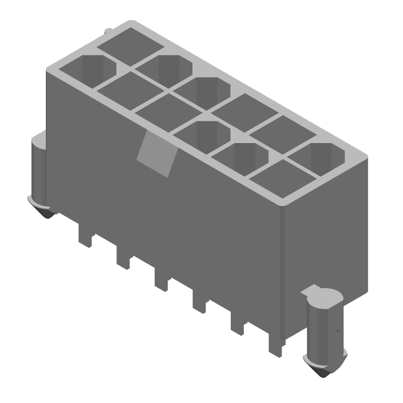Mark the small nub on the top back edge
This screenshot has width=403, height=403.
[108, 33]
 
